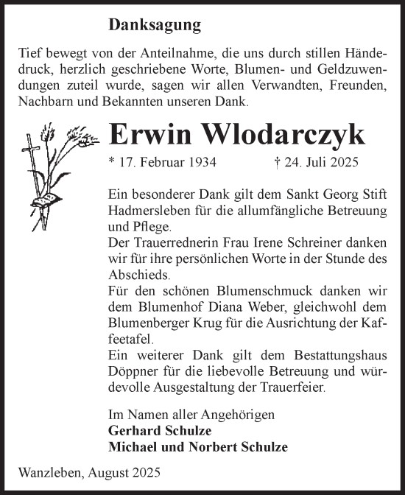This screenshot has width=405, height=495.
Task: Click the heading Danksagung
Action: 155,26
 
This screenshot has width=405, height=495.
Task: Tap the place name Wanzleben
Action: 45,471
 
